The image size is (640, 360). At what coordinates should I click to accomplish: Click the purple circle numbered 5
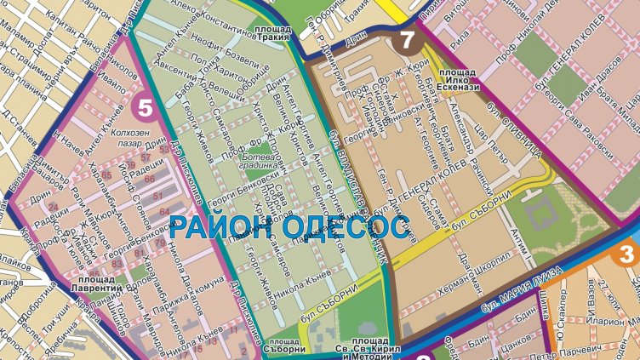pos(146,108)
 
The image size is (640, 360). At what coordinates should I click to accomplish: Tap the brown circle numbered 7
pos(408,40)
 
